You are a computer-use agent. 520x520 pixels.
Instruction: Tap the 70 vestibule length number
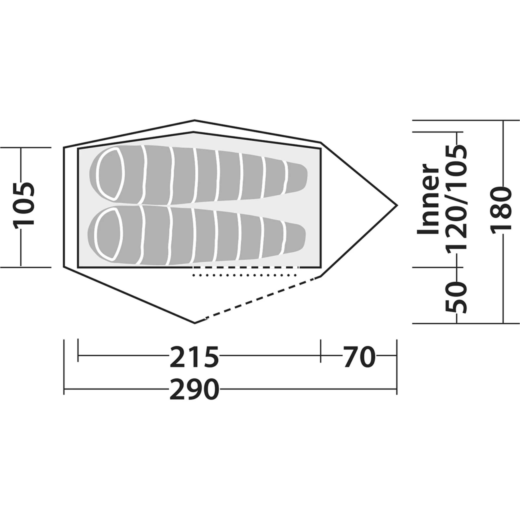pos(359,357)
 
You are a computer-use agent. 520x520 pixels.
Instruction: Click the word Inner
pos(428,199)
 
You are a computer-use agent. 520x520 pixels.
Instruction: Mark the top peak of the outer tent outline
pos(194,120)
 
